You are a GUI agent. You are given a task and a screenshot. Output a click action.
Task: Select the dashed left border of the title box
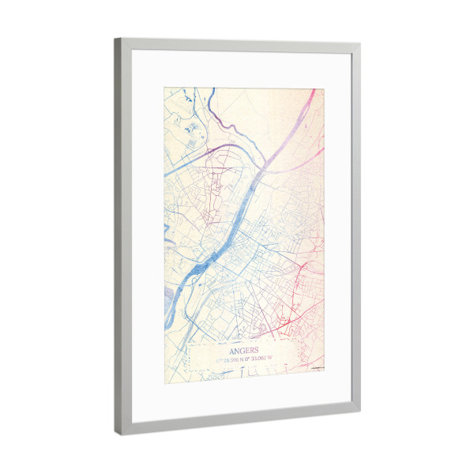pos(190,359)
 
